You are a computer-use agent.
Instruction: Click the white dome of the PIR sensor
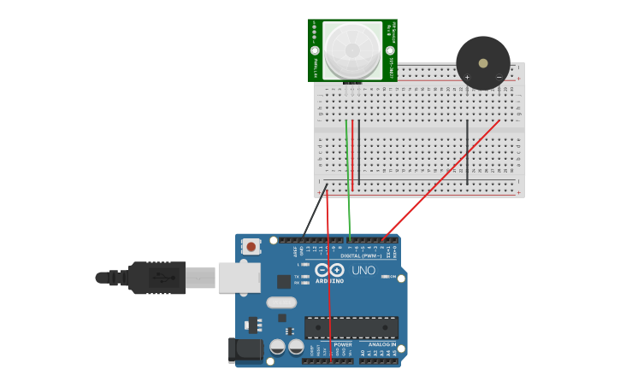[352, 50]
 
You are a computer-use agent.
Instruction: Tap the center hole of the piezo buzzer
[483, 63]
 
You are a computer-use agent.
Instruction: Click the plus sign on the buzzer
[467, 78]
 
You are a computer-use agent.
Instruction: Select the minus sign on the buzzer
[499, 78]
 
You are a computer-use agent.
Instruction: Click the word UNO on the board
[363, 271]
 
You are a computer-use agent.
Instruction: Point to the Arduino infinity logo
[328, 270]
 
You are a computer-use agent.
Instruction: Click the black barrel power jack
[248, 349]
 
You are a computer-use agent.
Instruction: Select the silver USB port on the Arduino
[239, 278]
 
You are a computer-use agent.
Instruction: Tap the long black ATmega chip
[351, 327]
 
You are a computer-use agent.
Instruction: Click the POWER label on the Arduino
[343, 344]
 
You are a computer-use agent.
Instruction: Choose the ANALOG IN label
[382, 344]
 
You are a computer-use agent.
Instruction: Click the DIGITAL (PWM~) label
[361, 255]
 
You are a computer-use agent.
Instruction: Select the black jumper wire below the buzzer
[467, 152]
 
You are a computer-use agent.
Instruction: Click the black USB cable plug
[154, 278]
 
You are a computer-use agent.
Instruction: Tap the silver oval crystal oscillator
[281, 302]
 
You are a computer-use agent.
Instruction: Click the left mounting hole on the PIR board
[316, 50]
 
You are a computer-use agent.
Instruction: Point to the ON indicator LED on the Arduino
[386, 277]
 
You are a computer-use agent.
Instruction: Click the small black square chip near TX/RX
[283, 281]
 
